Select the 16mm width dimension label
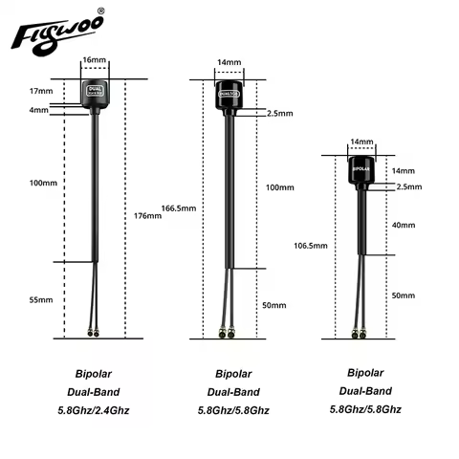pyautogui.click(x=95, y=59)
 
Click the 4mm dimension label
pyautogui.click(x=40, y=110)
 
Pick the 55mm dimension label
pyautogui.click(x=42, y=299)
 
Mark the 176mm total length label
pyautogui.click(x=149, y=215)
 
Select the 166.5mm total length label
pyautogui.click(x=179, y=208)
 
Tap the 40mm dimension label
pyautogui.click(x=404, y=225)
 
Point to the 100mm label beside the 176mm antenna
pyautogui.click(x=44, y=183)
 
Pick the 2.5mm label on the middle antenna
pyautogui.click(x=279, y=113)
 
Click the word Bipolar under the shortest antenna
pyautogui.click(x=360, y=371)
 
